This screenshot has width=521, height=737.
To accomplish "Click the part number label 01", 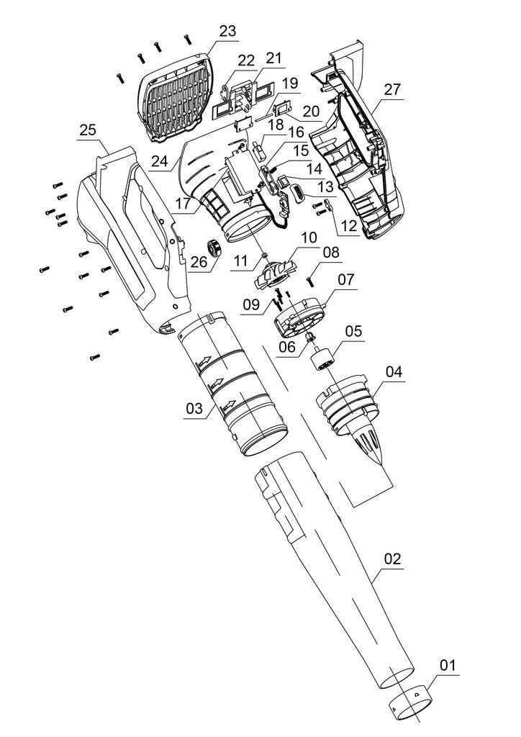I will pyautogui.click(x=448, y=666).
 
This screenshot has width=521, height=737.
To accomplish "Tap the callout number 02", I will pyautogui.click(x=392, y=559).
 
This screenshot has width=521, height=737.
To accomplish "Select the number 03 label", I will pyautogui.click(x=194, y=409).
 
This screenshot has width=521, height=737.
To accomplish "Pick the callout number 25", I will pyautogui.click(x=88, y=130).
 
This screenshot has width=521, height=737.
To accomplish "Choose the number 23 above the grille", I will pyautogui.click(x=227, y=31).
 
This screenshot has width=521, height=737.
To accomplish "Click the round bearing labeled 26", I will pyautogui.click(x=213, y=248).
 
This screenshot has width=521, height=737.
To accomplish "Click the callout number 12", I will pyautogui.click(x=349, y=225).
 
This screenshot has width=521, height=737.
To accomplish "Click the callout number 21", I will pyautogui.click(x=274, y=58).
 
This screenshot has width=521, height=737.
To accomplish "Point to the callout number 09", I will pyautogui.click(x=251, y=304).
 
